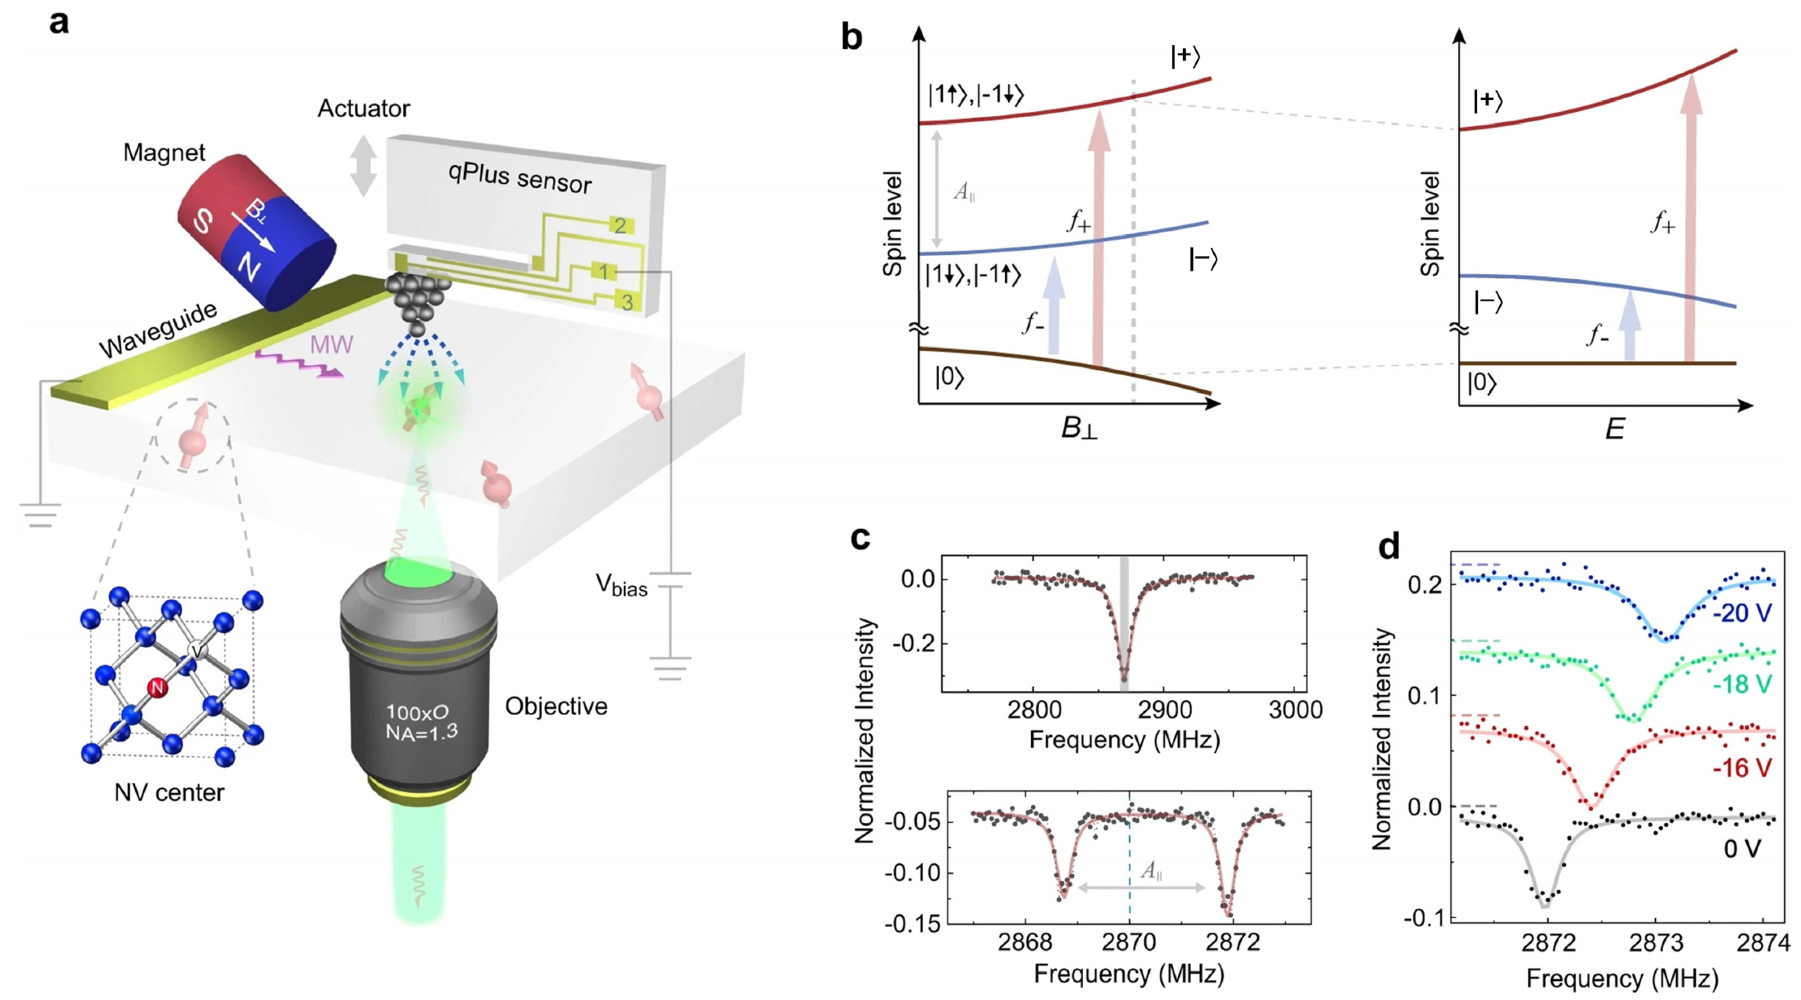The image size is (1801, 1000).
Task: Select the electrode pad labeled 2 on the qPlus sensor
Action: pos(619,225)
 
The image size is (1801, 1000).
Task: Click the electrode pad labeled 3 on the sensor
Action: pos(627,302)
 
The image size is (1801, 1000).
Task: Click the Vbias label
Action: pos(621,585)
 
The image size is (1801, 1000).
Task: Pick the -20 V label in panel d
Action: pos(1742,613)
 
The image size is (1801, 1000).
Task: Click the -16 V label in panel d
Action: pos(1742,768)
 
